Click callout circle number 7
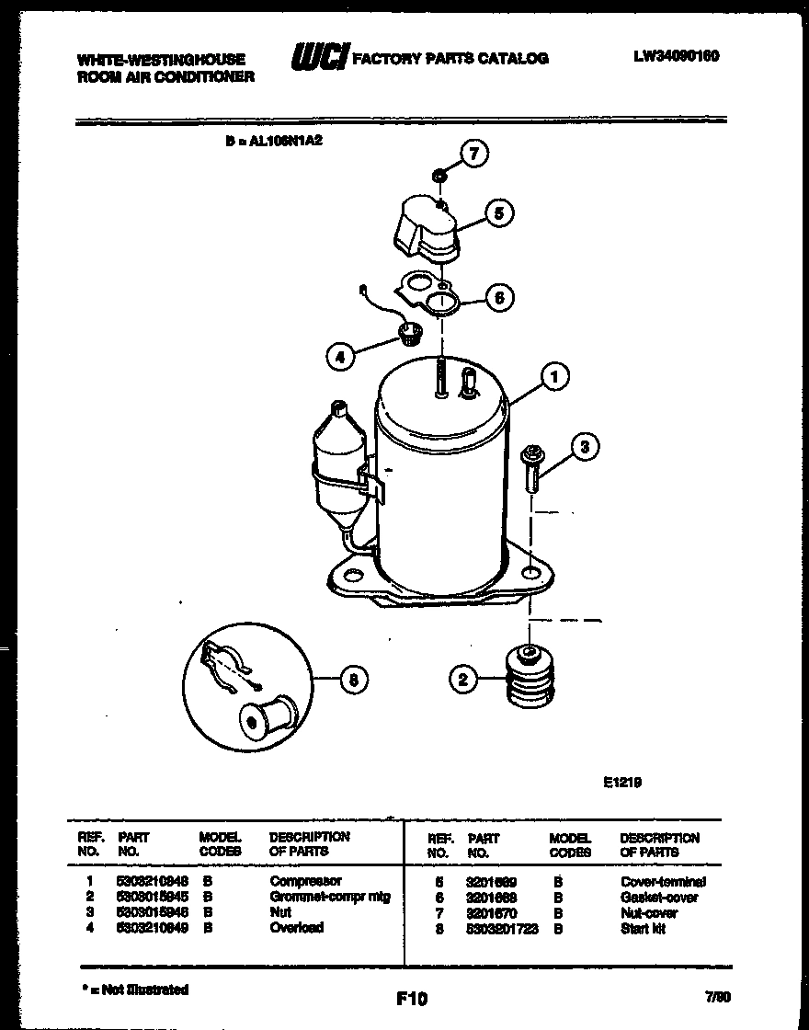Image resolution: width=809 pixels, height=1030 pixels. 473,154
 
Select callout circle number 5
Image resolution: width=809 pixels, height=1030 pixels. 496,213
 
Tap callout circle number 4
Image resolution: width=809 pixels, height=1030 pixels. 341,357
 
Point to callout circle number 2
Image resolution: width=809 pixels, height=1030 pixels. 462,680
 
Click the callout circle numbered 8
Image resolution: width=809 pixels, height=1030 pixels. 350,681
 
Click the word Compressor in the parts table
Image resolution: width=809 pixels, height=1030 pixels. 305,881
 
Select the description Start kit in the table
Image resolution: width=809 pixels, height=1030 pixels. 643,929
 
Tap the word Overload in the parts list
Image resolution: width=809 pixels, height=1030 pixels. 296,927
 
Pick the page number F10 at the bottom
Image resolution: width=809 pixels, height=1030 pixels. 412,998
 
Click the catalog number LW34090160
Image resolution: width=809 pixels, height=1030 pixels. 676,56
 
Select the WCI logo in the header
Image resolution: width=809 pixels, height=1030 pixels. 318,58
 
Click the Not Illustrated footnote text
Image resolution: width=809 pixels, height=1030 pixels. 134,990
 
